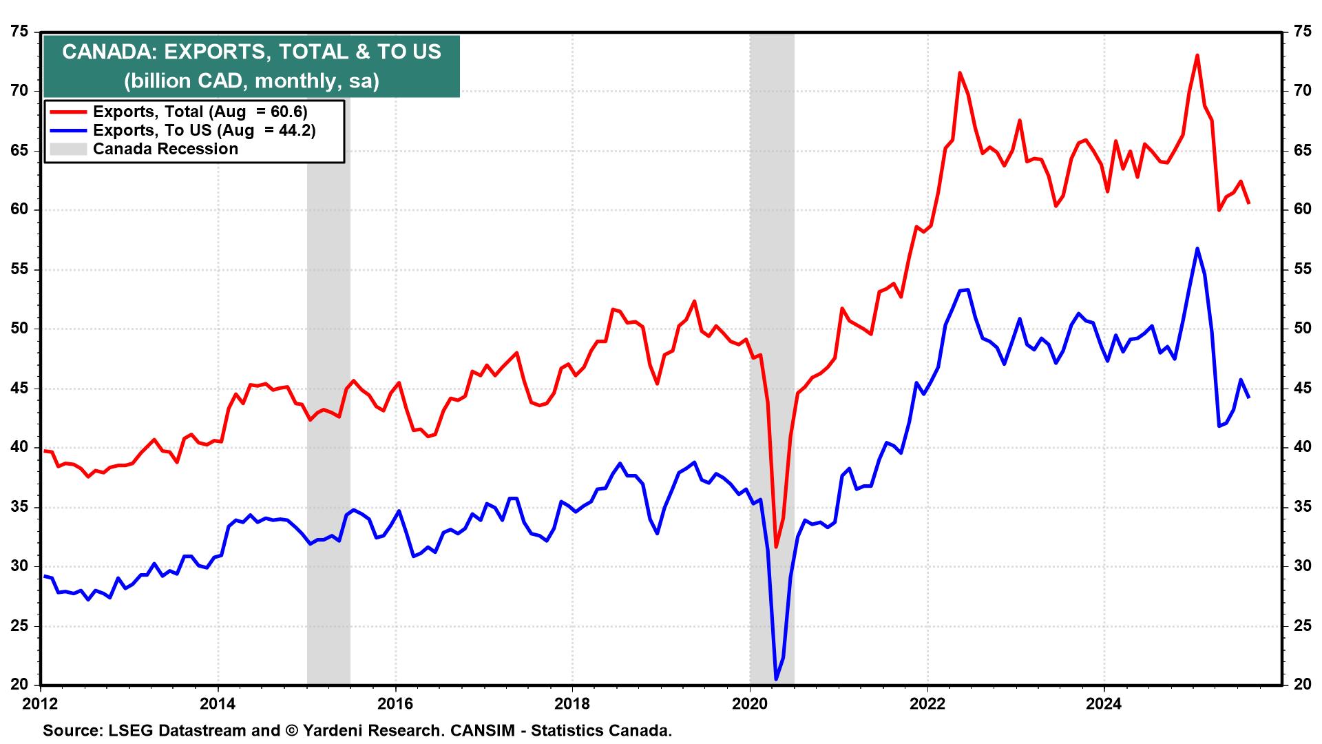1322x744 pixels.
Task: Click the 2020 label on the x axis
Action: [750, 705]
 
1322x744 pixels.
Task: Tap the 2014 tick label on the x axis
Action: [218, 705]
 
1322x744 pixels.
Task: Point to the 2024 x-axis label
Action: [1104, 705]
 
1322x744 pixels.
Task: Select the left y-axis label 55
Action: [20, 269]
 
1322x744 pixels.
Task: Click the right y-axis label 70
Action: [1301, 91]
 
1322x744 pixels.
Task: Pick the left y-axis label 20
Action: [20, 685]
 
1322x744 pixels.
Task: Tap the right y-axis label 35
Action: [1301, 508]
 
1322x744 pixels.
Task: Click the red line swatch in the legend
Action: [67, 112]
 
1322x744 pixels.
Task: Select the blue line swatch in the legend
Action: [67, 131]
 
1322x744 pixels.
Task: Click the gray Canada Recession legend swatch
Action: [67, 149]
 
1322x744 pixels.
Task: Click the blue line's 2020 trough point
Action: [776, 679]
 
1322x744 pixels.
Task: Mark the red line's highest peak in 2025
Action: [1197, 55]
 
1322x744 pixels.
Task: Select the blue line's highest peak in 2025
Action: [1197, 248]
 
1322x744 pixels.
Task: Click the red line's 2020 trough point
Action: [776, 546]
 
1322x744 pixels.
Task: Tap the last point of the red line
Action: [1248, 203]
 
